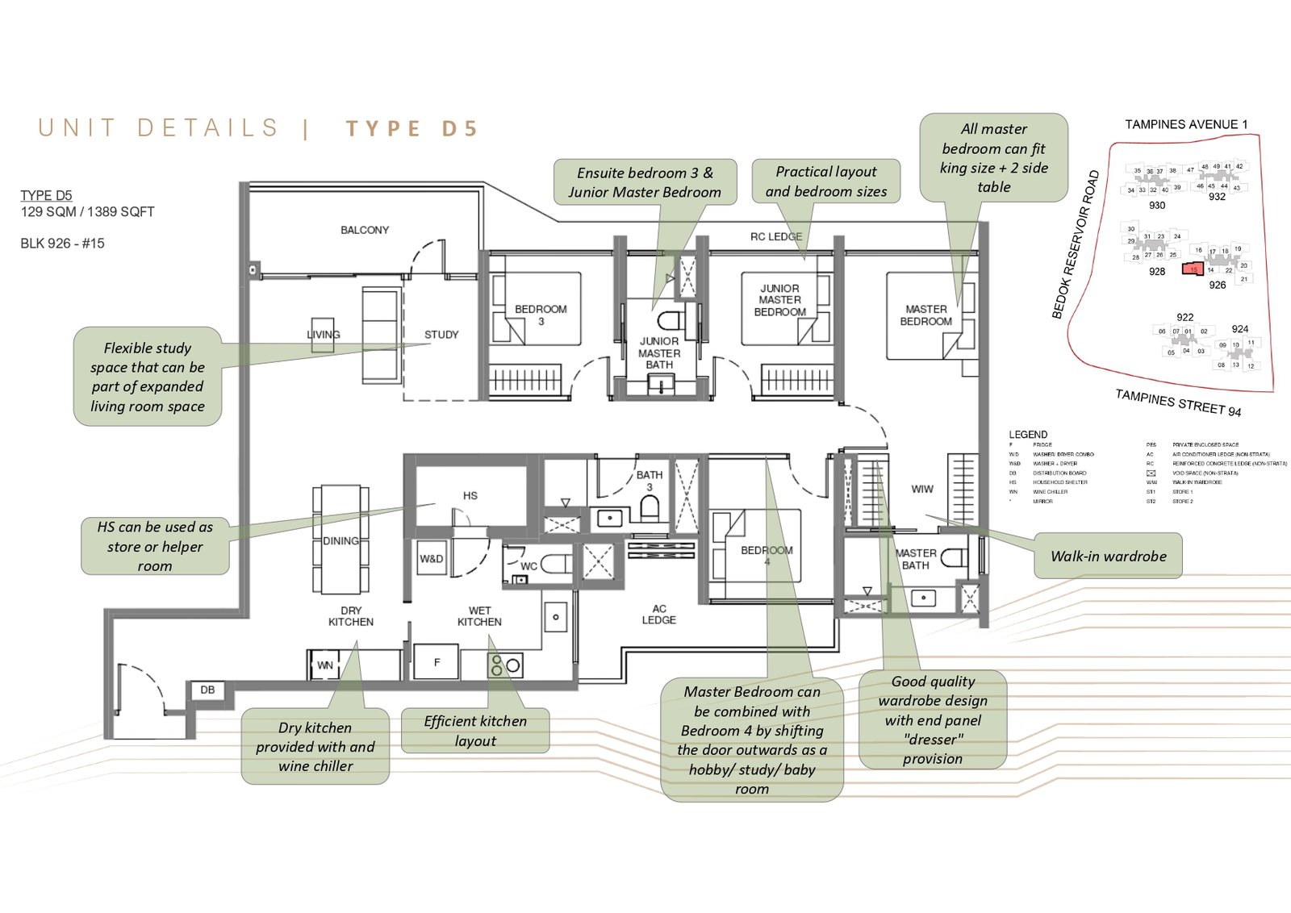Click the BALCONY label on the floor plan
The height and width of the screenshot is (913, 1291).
364,230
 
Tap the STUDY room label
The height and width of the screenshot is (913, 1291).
441,334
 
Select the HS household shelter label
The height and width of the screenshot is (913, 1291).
470,496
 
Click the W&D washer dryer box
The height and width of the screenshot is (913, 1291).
432,559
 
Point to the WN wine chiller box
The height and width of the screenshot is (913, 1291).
325,665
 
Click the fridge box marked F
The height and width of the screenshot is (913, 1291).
437,662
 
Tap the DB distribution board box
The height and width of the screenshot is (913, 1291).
207,690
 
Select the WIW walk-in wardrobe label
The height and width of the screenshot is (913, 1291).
922,489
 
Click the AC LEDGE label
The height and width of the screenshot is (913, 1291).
659,614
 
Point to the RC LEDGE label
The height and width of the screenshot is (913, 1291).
775,236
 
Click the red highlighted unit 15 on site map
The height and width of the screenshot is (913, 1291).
1193,270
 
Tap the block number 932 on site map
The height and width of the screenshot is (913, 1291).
1217,197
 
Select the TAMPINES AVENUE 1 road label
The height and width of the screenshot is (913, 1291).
1186,124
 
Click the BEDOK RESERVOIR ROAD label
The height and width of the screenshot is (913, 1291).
1075,244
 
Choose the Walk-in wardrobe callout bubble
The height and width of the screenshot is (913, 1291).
1108,556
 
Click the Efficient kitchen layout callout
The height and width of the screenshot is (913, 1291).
475,731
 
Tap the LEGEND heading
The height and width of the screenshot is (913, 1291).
1028,434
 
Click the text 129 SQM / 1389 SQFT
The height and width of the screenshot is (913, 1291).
87,212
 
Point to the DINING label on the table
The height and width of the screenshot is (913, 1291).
341,540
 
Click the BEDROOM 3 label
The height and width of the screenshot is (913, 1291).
541,315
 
